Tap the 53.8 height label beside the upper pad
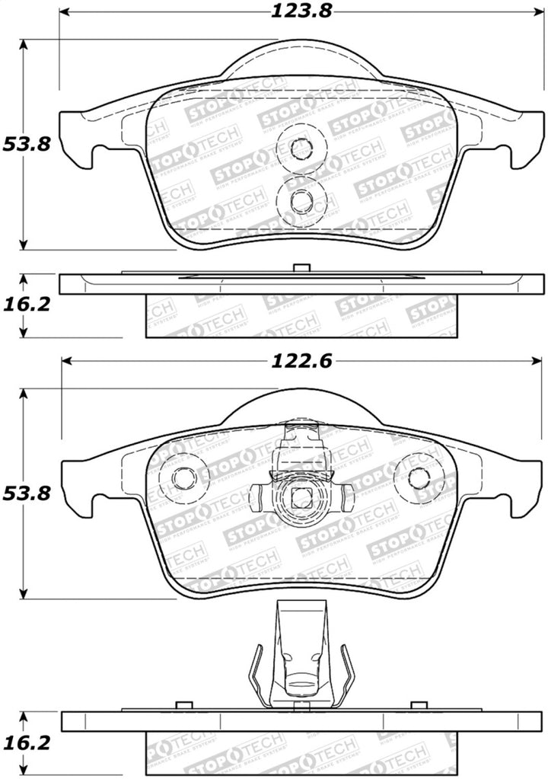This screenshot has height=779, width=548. point(26,144)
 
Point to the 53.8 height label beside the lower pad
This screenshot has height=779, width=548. point(26,493)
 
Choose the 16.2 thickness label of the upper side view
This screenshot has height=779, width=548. point(26,304)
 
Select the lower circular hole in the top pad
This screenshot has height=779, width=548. point(301,200)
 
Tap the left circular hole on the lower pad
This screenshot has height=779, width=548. point(184,478)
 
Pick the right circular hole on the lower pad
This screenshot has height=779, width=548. point(420,478)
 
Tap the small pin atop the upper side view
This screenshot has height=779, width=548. point(301,268)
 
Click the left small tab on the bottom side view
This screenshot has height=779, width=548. point(181,706)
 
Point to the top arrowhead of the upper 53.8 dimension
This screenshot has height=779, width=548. point(24,45)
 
